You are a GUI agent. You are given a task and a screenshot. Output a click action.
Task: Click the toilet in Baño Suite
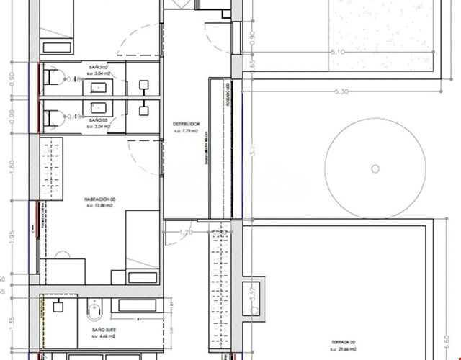94,311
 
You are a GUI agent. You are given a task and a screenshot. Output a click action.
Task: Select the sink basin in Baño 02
98,89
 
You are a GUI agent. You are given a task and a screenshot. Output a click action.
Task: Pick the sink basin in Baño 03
98,107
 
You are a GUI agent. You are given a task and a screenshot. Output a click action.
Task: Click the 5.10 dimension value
336,52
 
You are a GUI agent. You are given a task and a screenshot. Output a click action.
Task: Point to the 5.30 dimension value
341,91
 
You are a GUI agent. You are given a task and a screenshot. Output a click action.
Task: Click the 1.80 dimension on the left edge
11,164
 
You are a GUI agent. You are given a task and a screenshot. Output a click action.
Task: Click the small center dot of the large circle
374,168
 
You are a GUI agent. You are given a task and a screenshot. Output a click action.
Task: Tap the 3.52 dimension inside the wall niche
253,295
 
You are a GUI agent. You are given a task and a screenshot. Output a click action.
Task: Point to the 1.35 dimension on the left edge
11,323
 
